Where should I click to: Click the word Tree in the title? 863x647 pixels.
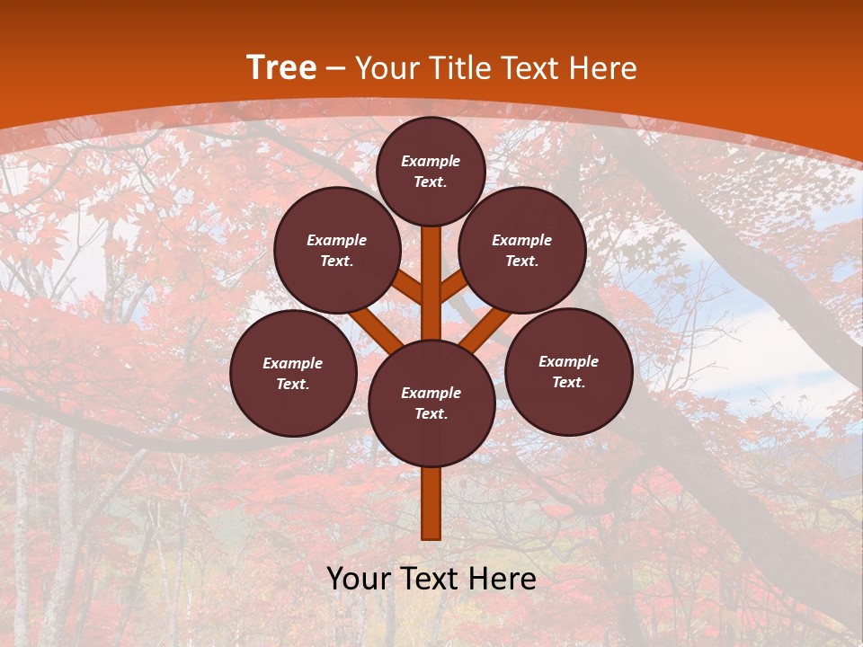point(281,68)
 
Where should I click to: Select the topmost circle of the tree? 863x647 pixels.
point(431,171)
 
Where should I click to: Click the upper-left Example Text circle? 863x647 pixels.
point(337,250)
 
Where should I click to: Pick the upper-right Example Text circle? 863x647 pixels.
point(522,250)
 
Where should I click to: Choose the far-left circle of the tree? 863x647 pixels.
point(293,373)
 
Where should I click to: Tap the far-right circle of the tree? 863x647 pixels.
point(569,371)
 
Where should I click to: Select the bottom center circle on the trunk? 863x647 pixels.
point(431,403)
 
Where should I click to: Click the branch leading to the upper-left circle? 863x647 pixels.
point(407,287)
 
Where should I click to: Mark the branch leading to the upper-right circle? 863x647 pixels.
point(454,285)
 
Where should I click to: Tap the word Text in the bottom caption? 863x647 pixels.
point(433,579)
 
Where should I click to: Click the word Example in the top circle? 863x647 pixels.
point(431,161)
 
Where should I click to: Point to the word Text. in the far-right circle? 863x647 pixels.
point(568,382)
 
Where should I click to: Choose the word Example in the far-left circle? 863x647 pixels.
point(293,363)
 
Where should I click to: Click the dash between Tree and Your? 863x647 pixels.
point(335,68)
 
